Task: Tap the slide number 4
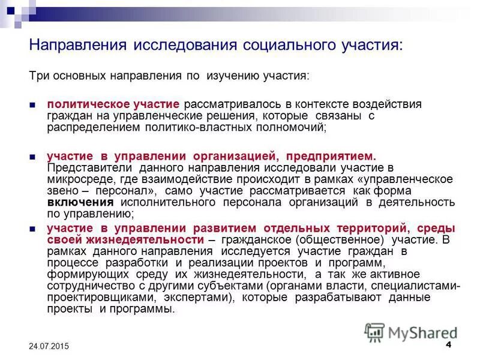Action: pyautogui.click(x=449, y=346)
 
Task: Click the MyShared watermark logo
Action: pyautogui.click(x=411, y=332)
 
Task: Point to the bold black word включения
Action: pyautogui.click(x=72, y=202)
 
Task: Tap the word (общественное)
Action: pyautogui.click(x=324, y=239)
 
